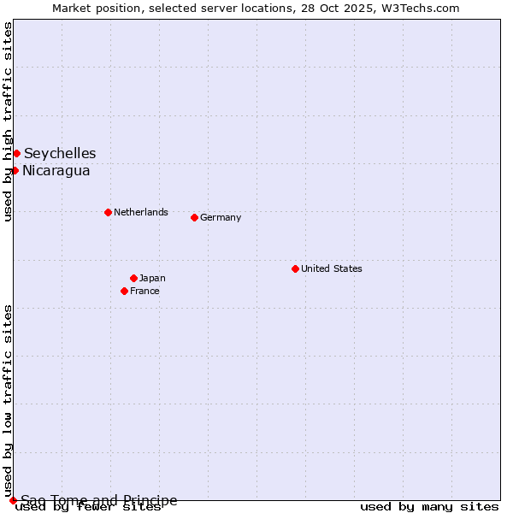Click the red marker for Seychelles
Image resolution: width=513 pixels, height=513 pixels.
coord(16,153)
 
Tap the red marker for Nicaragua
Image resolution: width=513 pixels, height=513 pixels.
coord(15,170)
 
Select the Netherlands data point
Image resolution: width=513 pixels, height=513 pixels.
coord(108,212)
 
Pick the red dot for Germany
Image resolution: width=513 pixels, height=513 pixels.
coord(194,217)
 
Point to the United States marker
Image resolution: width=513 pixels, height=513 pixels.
coord(295,268)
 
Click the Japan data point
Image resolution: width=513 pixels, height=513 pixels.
coord(133,278)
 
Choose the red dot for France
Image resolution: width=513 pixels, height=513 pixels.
coord(124,291)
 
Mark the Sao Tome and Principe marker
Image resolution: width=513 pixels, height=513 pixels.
coord(13,500)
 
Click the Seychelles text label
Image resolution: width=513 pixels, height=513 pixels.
coord(60,153)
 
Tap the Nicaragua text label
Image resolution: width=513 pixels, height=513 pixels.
coord(56,170)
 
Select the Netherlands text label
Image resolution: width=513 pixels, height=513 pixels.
coord(141,212)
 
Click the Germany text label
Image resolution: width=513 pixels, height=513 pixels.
coord(221,217)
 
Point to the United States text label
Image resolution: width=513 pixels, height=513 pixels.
coord(332,268)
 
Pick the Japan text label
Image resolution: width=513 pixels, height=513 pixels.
coord(152,278)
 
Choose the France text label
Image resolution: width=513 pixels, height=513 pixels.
coord(144,291)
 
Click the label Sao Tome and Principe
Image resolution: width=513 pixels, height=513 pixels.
coord(99,500)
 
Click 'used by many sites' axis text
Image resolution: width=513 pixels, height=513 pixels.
coord(429,506)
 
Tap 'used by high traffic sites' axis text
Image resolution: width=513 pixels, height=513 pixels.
coord(8,122)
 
